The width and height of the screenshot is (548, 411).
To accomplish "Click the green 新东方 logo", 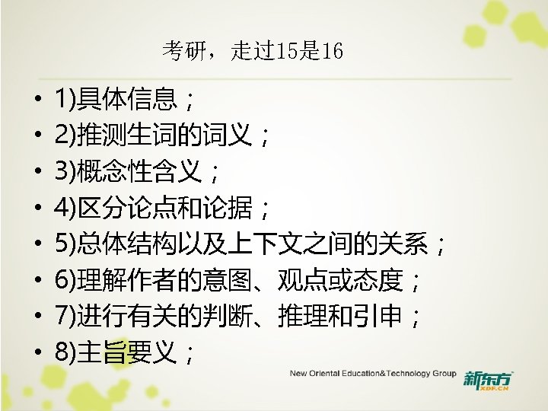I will (488, 378).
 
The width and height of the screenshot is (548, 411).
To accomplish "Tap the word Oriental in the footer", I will (330, 374).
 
